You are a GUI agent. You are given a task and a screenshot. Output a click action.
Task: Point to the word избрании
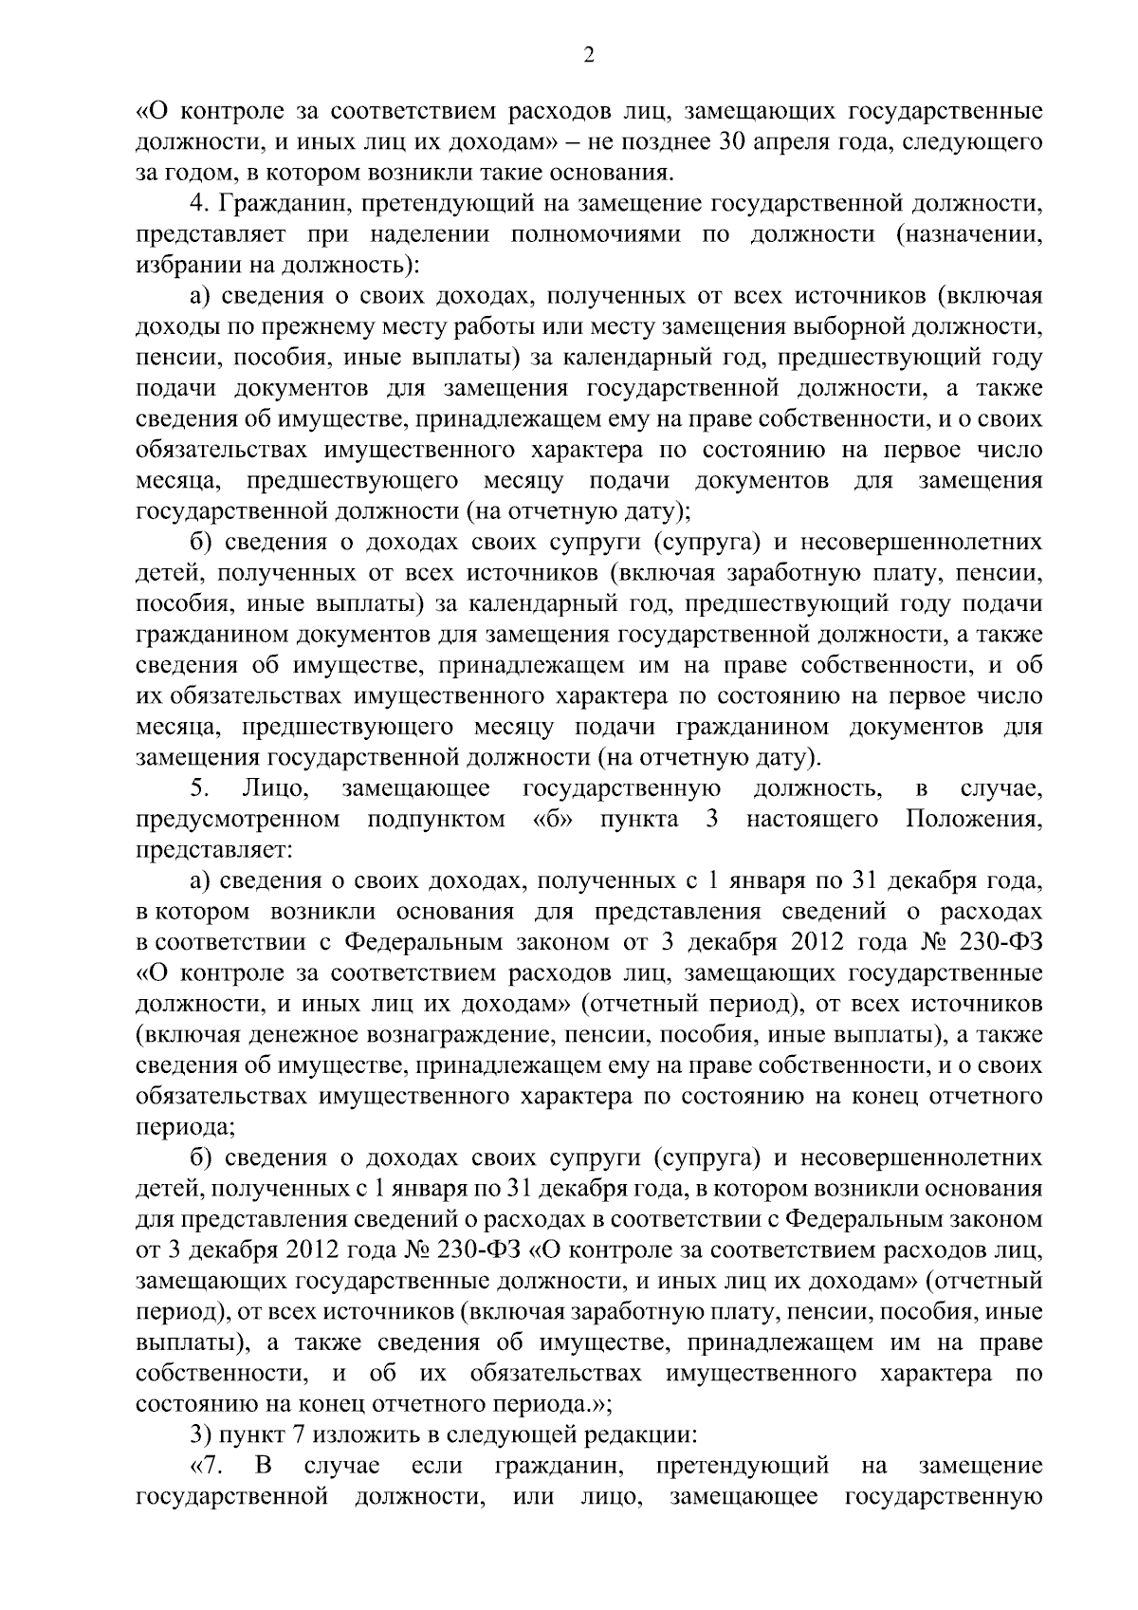pyautogui.click(x=181, y=266)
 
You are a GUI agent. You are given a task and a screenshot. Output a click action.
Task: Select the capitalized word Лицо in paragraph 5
pyautogui.click(x=271, y=788)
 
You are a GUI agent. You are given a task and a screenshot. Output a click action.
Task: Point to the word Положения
pyautogui.click(x=974, y=819)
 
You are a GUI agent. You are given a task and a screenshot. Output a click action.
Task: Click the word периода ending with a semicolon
pyautogui.click(x=185, y=1126)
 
